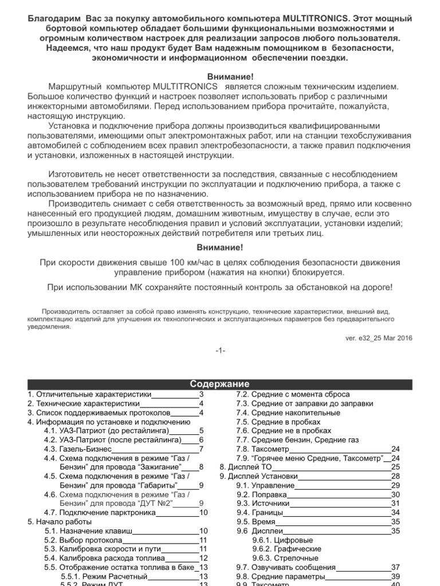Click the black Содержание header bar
click(x=220, y=384)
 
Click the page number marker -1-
click(x=220, y=351)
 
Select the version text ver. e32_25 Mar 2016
click(x=378, y=338)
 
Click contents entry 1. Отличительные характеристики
click(x=89, y=395)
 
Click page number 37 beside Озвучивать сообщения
click(x=395, y=568)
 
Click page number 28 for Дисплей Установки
click(x=395, y=476)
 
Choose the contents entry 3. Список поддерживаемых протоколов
click(x=99, y=413)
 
